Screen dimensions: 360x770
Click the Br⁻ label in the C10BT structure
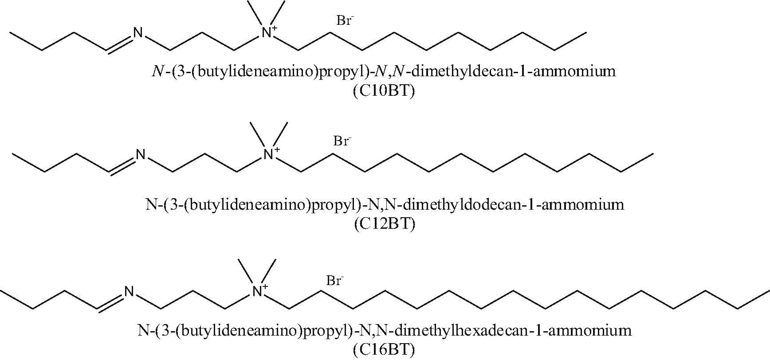click(x=344, y=20)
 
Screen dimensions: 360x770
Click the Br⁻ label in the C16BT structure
click(x=335, y=280)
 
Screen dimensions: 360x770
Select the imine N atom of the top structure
click(x=138, y=33)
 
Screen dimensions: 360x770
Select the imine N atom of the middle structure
click(x=141, y=154)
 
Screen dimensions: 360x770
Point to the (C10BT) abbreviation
click(x=384, y=93)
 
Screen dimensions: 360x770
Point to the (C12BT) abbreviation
click(x=384, y=224)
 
